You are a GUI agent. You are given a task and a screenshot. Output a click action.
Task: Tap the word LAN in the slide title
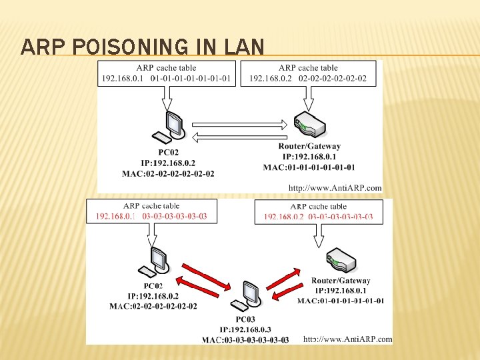coord(244,47)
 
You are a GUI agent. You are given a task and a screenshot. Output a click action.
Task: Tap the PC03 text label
coord(245,319)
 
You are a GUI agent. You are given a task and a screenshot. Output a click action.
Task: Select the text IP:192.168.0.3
coord(246,329)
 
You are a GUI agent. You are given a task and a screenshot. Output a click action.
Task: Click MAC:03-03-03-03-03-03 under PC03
coord(246,340)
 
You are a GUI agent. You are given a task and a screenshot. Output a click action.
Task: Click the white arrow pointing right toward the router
coord(239,124)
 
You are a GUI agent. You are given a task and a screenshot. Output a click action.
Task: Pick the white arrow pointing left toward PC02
coord(239,137)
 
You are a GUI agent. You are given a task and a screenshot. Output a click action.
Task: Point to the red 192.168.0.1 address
coord(116,216)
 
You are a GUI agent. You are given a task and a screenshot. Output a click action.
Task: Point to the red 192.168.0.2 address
coord(284,217)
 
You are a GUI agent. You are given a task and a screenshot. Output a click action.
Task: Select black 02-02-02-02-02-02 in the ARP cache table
coord(333,79)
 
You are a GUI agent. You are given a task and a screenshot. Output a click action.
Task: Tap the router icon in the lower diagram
coord(340,262)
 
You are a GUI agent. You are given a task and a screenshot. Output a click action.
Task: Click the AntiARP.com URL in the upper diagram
coord(335,188)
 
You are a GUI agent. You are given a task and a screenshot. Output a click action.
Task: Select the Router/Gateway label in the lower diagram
coord(341,281)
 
